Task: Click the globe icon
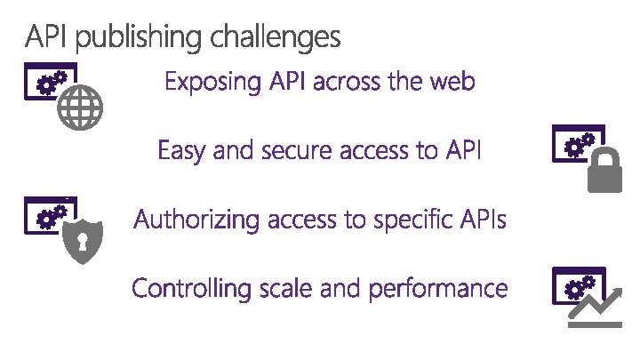(x=79, y=111)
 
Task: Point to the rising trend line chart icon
(x=595, y=307)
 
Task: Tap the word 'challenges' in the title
(x=276, y=38)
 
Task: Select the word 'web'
(x=451, y=83)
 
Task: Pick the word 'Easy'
(x=180, y=150)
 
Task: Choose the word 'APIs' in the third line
(x=483, y=219)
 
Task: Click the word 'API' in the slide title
(x=44, y=37)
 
